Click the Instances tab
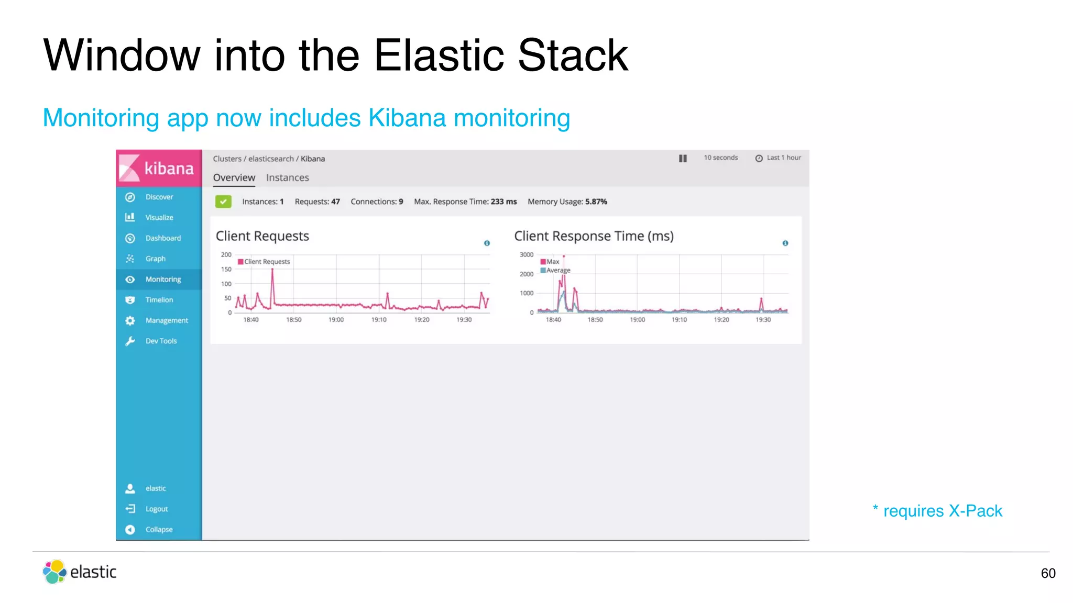pos(287,177)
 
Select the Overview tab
pos(234,177)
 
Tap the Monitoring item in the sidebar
pos(163,280)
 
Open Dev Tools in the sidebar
pos(161,341)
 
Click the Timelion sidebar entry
pos(159,300)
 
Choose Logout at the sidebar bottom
pos(156,509)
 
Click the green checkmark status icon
pos(223,202)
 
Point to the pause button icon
pos(683,158)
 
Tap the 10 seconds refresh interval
pos(720,158)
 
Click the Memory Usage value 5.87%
pos(596,202)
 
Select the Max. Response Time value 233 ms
pos(503,202)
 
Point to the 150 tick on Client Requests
pos(226,269)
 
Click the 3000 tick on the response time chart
pos(526,255)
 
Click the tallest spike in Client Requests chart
pos(272,271)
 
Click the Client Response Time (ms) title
pos(594,236)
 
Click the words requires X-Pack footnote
pos(942,511)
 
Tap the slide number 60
pos(1048,573)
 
